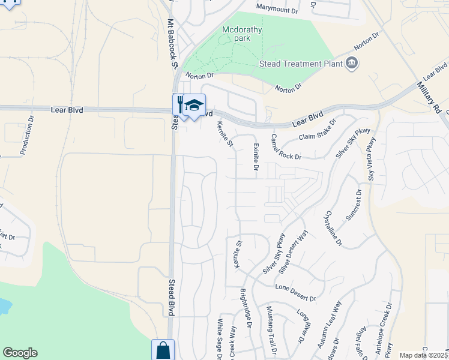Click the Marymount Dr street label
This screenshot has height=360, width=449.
(x=277, y=10)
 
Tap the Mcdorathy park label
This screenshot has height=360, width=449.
(x=235, y=33)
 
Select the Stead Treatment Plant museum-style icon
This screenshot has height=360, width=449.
(x=352, y=63)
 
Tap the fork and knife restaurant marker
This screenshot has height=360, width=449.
(x=180, y=104)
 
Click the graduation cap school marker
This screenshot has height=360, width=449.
(x=194, y=105)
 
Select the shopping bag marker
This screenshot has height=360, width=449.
(x=163, y=350)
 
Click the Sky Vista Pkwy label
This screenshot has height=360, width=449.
(x=371, y=159)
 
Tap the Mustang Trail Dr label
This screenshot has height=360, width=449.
(x=271, y=332)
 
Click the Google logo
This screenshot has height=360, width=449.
(x=20, y=353)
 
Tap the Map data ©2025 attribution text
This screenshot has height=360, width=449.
(x=423, y=355)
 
